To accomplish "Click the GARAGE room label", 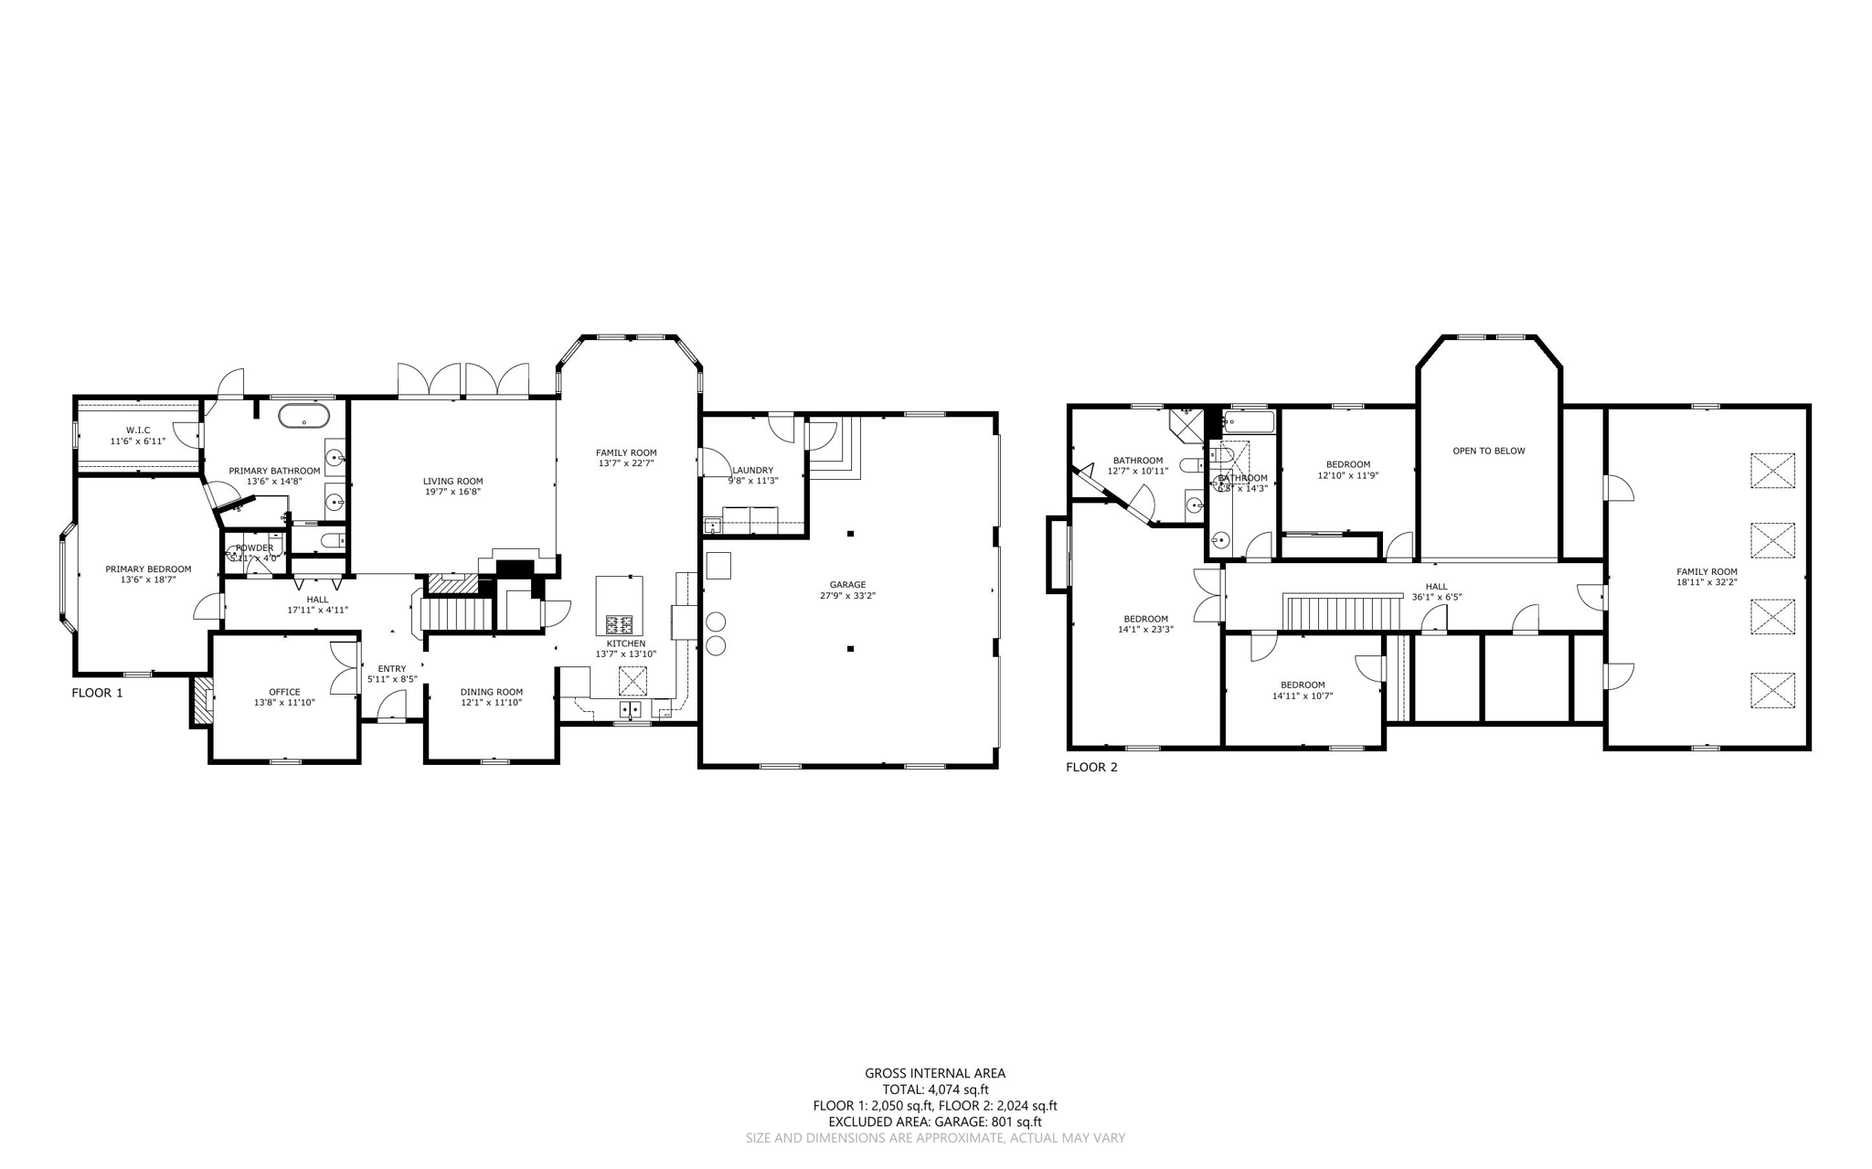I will (x=847, y=585).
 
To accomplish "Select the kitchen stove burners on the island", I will (x=619, y=625).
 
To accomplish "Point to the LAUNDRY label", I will (x=752, y=471).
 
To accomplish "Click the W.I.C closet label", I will (x=138, y=430).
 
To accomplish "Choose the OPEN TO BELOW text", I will (x=1488, y=451).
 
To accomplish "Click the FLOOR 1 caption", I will (x=97, y=693).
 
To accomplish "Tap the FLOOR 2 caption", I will (x=1091, y=767).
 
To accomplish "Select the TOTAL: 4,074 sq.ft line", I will (x=935, y=1089).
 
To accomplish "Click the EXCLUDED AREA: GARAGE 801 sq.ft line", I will (x=935, y=1121).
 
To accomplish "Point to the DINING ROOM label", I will (x=491, y=692).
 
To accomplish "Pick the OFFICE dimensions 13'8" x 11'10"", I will (x=284, y=703).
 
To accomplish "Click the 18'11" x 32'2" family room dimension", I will (x=1707, y=582).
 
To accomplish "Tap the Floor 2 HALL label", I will (x=1436, y=587).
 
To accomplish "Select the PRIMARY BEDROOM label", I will (x=148, y=569).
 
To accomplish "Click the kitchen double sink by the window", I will (x=631, y=708).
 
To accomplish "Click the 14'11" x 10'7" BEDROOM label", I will (x=1303, y=685).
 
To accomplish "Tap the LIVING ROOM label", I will (x=452, y=481).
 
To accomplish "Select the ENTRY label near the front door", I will (x=392, y=669).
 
